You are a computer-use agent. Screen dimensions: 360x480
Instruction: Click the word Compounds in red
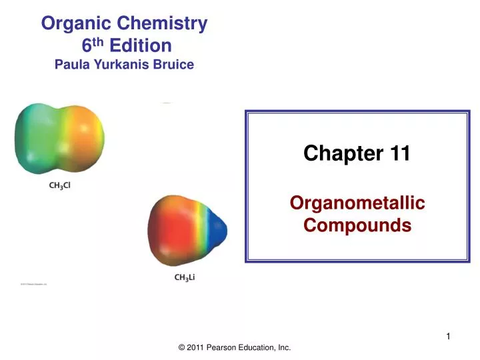point(357,225)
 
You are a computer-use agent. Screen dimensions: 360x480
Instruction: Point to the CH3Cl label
point(60,186)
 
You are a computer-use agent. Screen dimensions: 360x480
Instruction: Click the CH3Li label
point(185,277)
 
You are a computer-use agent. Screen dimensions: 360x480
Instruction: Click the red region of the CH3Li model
point(167,230)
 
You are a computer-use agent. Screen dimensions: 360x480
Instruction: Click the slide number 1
point(449,337)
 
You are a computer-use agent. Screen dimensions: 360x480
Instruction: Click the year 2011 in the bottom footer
point(193,347)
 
